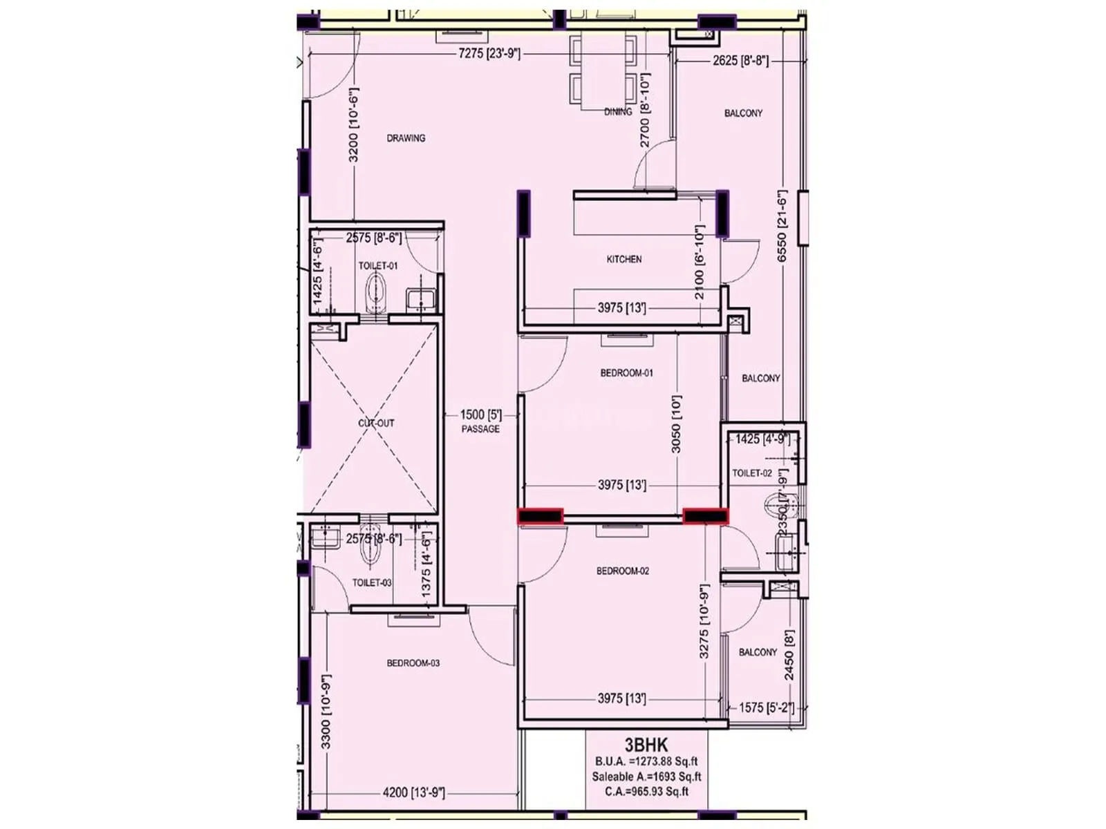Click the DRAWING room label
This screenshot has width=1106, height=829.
click(x=406, y=138)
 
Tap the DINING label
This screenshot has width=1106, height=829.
click(x=618, y=111)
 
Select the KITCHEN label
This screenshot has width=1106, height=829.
click(x=624, y=259)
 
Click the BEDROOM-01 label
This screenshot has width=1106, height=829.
click(x=626, y=373)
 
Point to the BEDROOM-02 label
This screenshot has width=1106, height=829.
click(x=623, y=571)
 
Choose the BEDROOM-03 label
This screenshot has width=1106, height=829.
click(x=413, y=663)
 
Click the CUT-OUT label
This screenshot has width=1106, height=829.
click(x=376, y=423)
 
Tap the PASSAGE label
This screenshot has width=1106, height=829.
click(x=480, y=429)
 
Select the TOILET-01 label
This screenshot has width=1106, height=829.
click(x=378, y=265)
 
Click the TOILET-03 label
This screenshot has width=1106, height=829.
click(x=372, y=582)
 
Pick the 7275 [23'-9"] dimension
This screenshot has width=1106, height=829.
click(x=489, y=53)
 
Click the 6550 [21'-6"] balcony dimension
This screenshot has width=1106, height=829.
click(x=782, y=226)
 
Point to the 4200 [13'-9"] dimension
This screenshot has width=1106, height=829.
click(x=413, y=792)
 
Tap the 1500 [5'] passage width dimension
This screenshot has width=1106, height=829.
click(x=481, y=414)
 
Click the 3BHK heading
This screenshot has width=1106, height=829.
click(x=646, y=745)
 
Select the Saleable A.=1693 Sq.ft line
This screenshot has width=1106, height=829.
click(x=646, y=776)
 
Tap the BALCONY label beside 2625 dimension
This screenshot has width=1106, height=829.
click(x=743, y=113)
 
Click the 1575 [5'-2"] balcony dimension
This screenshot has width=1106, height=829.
click(x=766, y=707)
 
